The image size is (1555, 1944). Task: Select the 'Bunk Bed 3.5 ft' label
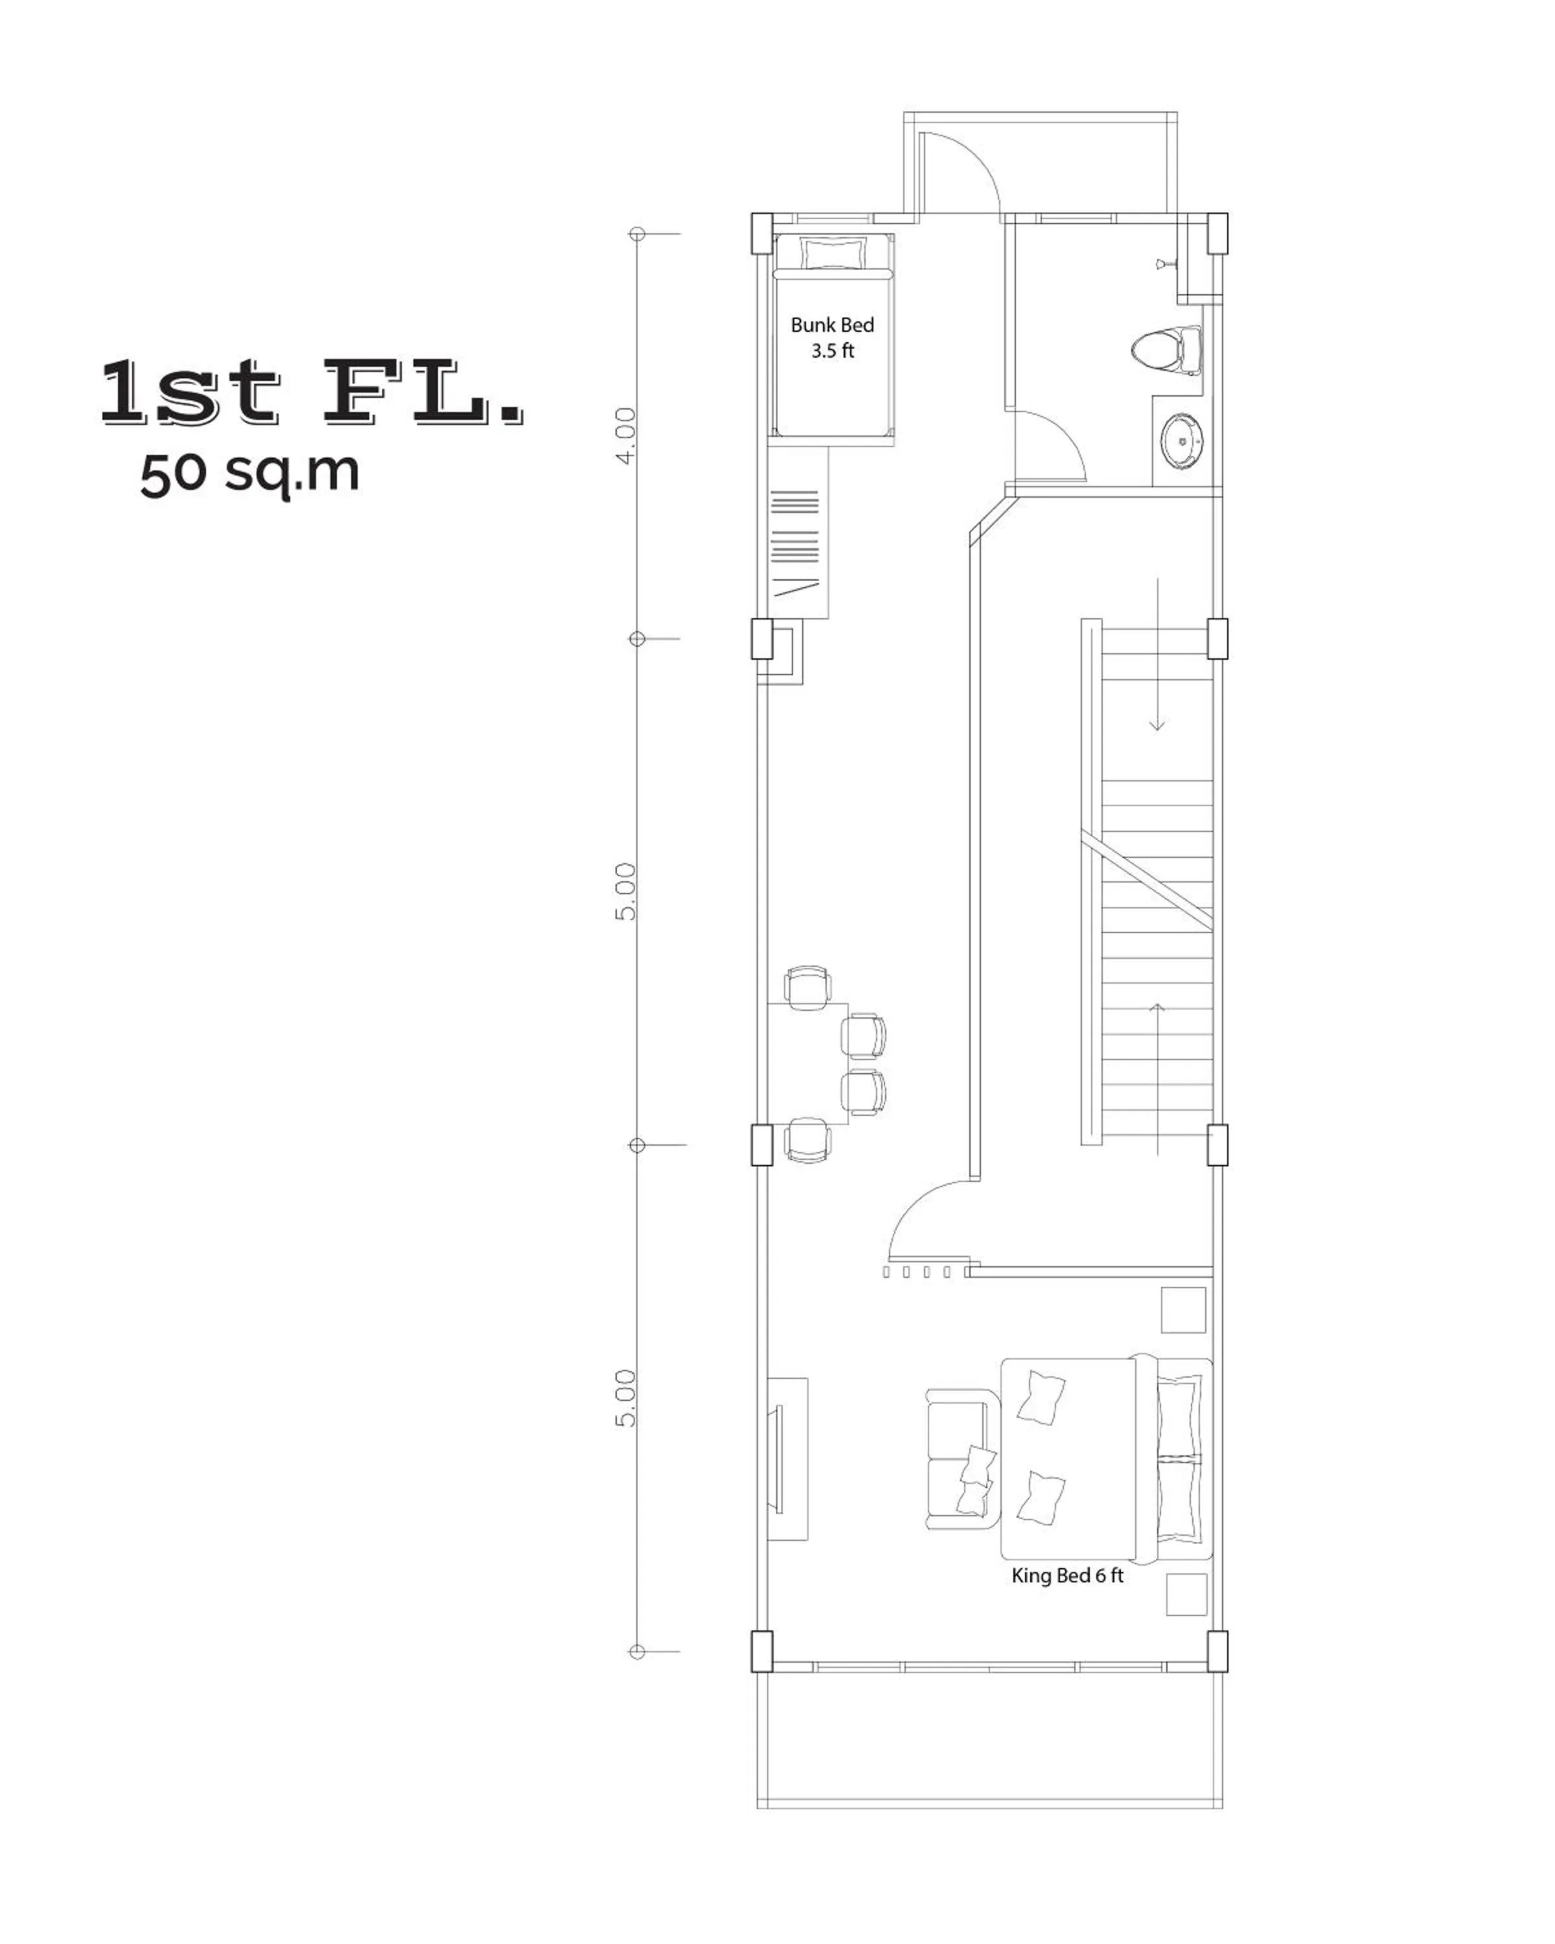coord(831,337)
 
